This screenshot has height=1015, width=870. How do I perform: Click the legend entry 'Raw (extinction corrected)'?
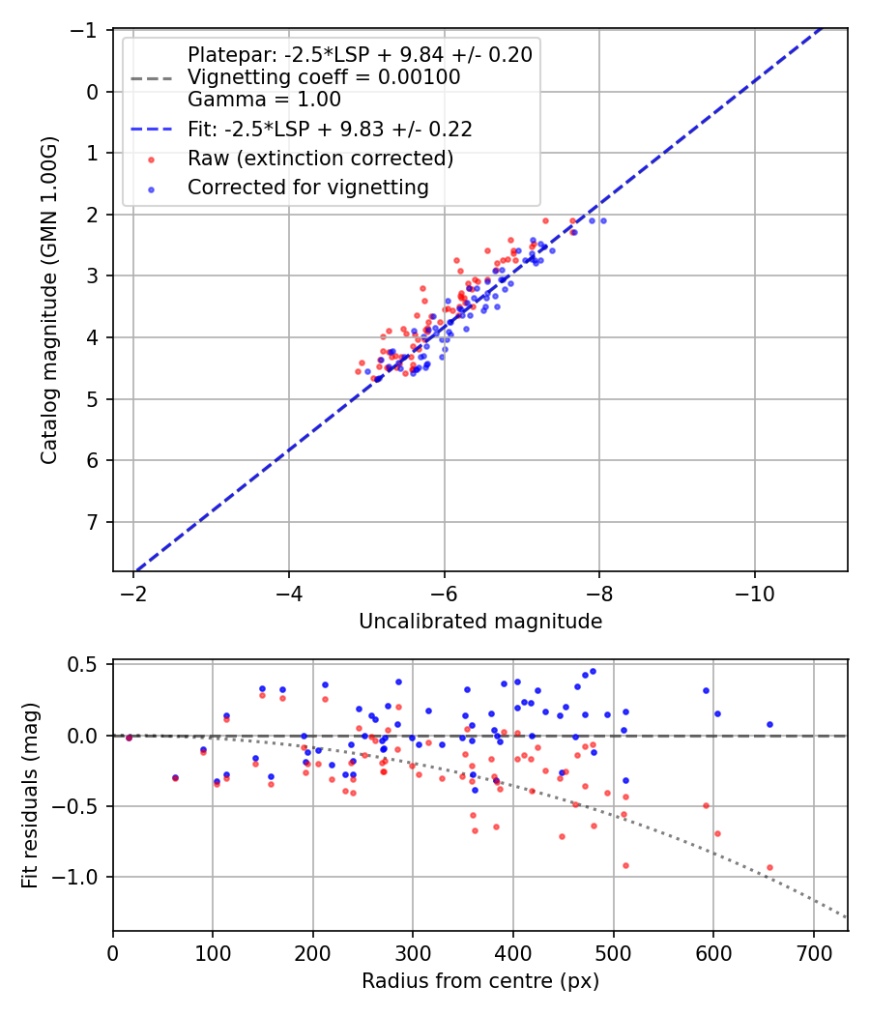(320, 159)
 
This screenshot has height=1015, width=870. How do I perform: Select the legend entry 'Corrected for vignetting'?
(308, 188)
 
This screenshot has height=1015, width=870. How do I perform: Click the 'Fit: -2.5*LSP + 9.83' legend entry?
(330, 128)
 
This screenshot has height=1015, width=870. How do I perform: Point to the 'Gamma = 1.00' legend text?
(264, 99)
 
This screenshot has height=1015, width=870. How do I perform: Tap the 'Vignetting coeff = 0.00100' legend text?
(324, 76)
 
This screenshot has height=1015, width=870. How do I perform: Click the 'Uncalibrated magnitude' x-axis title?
(480, 622)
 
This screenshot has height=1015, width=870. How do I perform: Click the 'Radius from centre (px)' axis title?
(480, 981)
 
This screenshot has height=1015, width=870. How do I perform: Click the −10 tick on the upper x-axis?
(754, 594)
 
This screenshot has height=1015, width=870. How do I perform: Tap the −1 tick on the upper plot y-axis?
(88, 30)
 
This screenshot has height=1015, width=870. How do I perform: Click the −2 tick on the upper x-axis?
(133, 594)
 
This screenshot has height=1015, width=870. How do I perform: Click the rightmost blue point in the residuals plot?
(769, 724)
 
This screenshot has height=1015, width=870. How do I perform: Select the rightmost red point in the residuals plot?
(769, 868)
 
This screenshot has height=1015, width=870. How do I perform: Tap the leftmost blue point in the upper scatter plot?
(367, 371)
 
